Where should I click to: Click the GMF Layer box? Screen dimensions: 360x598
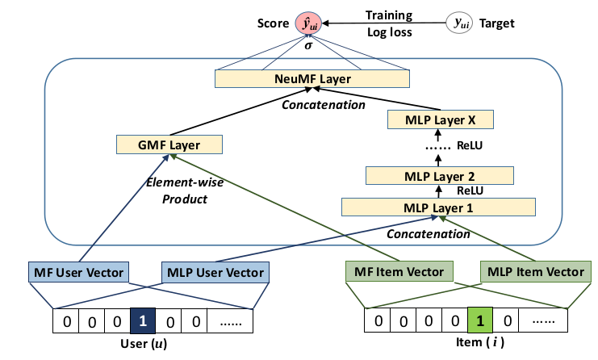point(169,145)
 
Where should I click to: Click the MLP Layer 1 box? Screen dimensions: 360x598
point(438,207)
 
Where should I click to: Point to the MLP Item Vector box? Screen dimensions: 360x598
point(533,272)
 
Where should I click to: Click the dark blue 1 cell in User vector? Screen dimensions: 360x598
point(142,320)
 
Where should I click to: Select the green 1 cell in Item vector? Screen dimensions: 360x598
point(480,320)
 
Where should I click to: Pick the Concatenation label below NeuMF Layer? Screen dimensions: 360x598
point(323,104)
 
